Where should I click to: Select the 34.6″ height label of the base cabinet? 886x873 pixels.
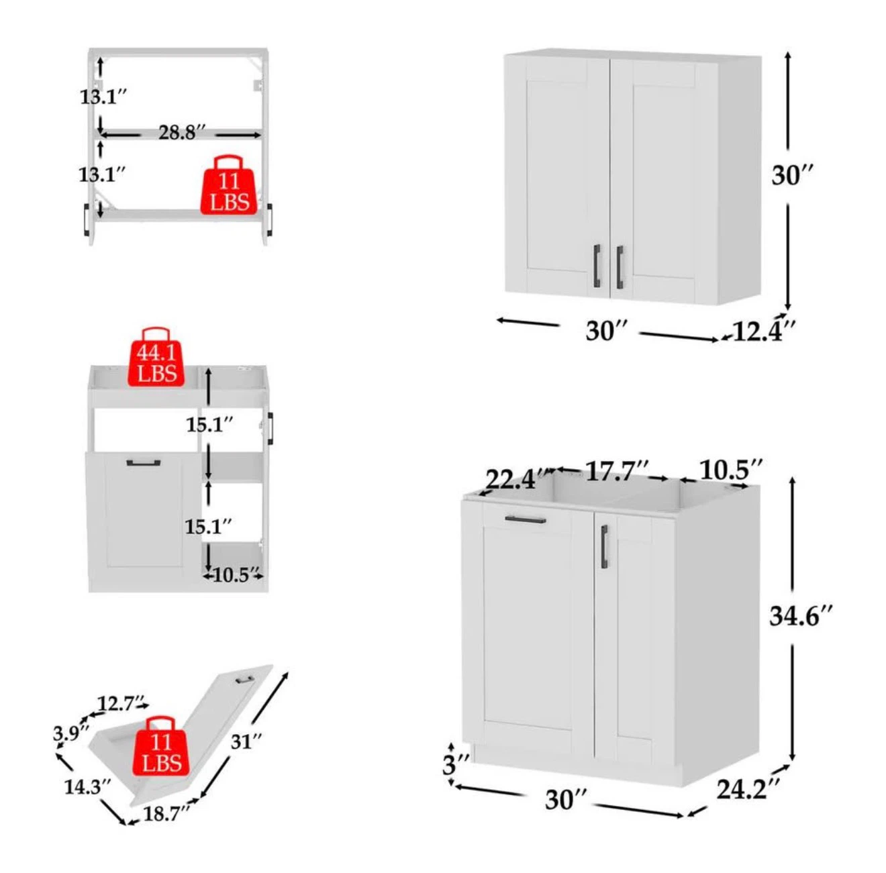[x=801, y=616]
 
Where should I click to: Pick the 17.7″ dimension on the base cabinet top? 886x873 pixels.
[x=617, y=471]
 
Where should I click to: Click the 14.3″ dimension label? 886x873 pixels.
[x=87, y=787]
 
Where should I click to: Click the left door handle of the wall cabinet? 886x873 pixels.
[x=597, y=266]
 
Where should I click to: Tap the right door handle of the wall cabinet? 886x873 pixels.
[x=620, y=267]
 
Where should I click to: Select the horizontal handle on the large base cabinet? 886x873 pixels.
[x=526, y=520]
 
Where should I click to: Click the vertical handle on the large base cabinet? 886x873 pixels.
[x=604, y=547]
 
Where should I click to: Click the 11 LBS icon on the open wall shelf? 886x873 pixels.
[x=229, y=185]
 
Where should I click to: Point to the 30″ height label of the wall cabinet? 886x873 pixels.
[x=792, y=175]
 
